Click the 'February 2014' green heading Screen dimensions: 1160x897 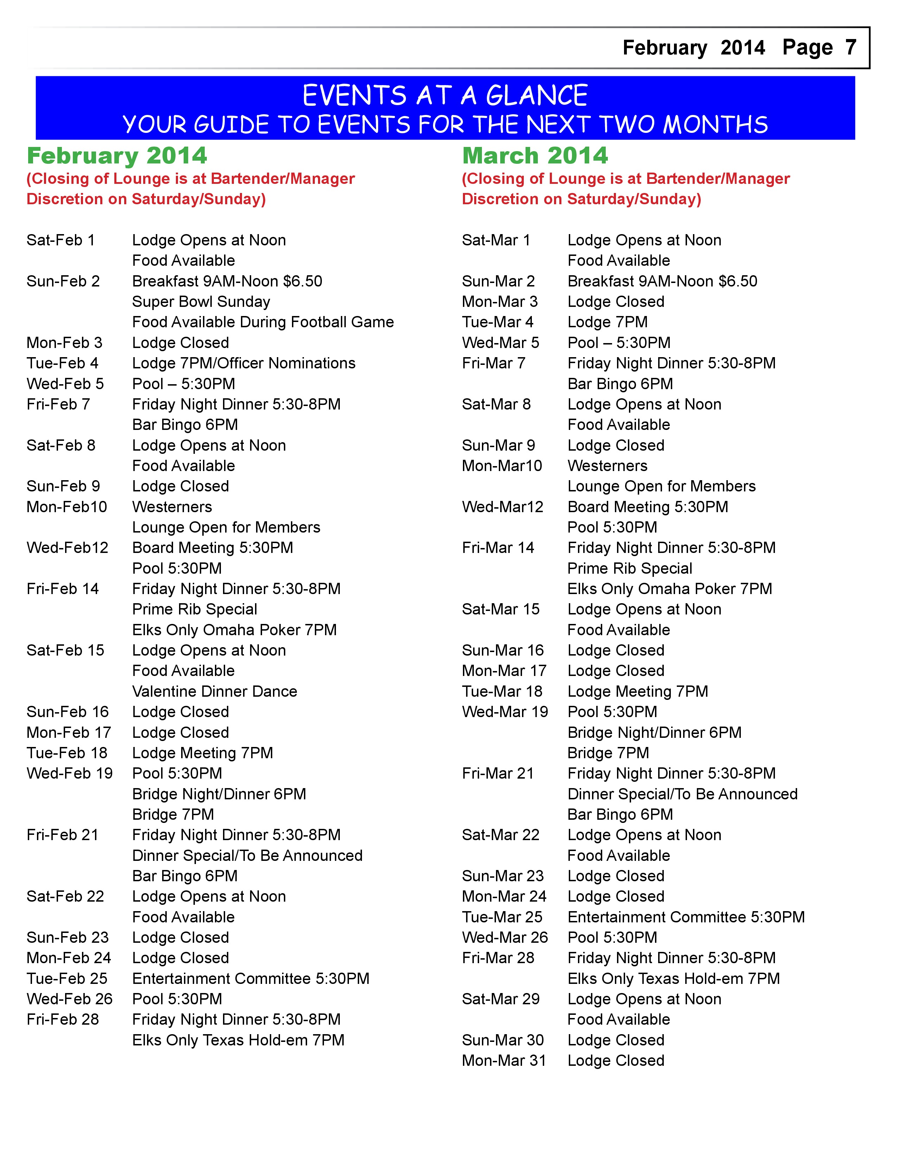117,156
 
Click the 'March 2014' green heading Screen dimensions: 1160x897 535,156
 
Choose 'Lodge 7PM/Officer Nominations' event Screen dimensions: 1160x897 243,363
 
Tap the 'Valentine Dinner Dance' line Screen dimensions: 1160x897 214,691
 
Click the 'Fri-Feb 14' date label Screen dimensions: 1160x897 63,589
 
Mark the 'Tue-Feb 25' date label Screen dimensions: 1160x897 67,978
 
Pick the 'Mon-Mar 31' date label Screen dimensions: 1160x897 504,1061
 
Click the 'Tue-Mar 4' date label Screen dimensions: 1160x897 497,322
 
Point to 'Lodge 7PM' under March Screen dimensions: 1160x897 607,322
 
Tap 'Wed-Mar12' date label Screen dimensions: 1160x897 502,507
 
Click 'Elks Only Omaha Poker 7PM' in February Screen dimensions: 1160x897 234,630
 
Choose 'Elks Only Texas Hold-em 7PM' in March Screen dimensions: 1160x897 673,978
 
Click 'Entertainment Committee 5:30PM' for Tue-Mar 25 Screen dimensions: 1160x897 686,917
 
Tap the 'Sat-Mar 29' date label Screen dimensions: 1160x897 501,999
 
